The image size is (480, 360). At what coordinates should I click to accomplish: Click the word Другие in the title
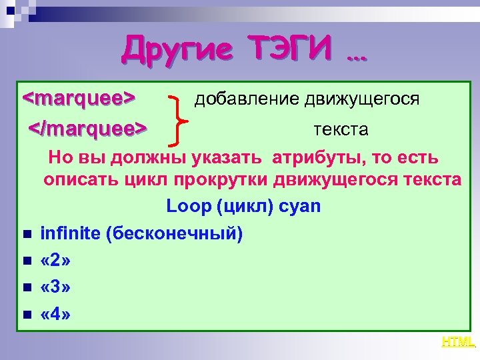coord(176,49)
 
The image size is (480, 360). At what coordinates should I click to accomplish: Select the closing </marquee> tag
coord(87,127)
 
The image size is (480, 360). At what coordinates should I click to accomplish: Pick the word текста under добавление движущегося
coord(340,129)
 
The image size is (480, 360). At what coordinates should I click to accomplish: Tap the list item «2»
coord(55,261)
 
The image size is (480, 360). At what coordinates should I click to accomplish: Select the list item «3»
coord(55,287)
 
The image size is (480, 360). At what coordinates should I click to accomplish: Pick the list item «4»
coord(55,314)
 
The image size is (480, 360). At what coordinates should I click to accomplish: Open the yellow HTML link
coord(458,342)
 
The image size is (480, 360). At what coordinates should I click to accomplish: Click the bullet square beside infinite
coord(26,235)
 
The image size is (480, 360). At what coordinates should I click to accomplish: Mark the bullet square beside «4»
coord(26,315)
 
